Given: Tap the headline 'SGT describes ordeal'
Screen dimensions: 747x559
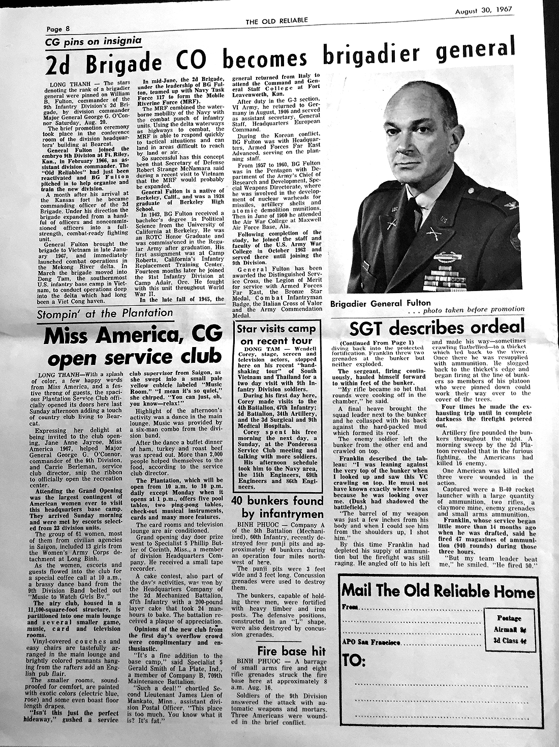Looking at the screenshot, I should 436,327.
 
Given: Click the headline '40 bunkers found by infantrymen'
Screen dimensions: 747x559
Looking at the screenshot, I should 277,507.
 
